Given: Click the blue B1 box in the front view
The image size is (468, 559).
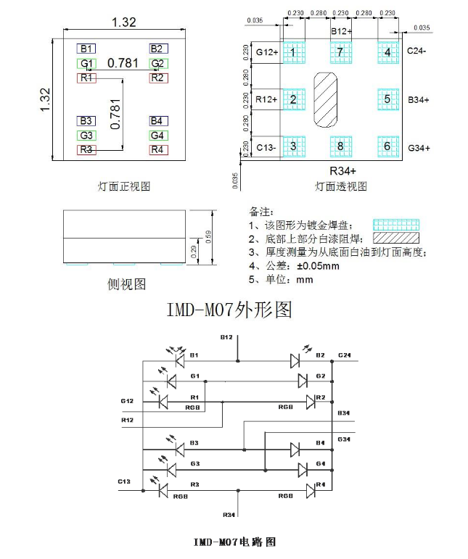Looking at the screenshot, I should point(86,49).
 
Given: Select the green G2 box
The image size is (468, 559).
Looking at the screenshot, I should point(158,63).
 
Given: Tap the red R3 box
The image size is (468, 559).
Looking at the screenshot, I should point(86,150).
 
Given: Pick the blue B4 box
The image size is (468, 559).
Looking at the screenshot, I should point(158,121).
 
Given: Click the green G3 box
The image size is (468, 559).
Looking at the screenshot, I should point(86,136).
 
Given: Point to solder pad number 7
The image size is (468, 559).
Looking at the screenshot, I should point(340,52).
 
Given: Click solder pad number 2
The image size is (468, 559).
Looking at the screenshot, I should point(293,99).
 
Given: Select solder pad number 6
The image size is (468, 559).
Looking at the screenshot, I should point(387,146).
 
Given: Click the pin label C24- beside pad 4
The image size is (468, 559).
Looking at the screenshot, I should point(416,51).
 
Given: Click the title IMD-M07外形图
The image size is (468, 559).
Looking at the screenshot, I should point(229,310).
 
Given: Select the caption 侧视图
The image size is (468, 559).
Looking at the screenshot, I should point(126,283).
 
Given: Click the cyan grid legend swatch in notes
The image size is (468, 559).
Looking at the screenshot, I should point(395,225).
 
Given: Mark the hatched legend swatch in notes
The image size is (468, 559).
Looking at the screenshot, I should point(395,238).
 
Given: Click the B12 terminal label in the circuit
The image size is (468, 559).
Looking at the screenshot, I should point(226,338).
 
